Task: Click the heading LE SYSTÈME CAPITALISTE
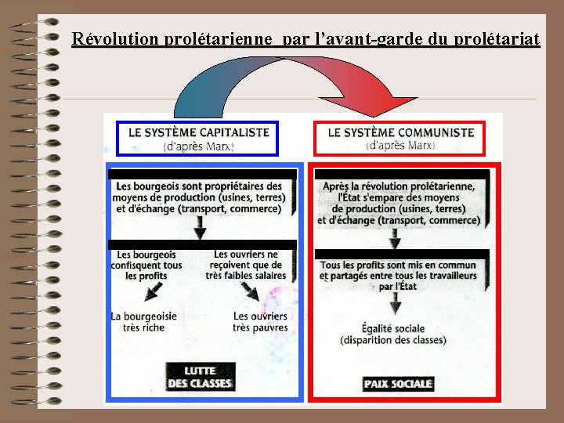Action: (x=198, y=132)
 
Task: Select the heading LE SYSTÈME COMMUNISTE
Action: (x=400, y=132)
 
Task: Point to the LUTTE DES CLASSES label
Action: (x=199, y=377)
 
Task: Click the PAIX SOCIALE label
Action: (x=398, y=383)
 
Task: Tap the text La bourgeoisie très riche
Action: (x=143, y=321)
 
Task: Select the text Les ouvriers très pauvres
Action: (x=260, y=321)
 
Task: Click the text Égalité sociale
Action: (x=393, y=328)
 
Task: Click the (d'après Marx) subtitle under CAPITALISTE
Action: (x=198, y=146)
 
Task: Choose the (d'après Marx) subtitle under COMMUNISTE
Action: (x=400, y=145)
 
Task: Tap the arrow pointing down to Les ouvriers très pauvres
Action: (x=251, y=294)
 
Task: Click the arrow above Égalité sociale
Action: (x=398, y=304)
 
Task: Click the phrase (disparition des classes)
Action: (x=393, y=340)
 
